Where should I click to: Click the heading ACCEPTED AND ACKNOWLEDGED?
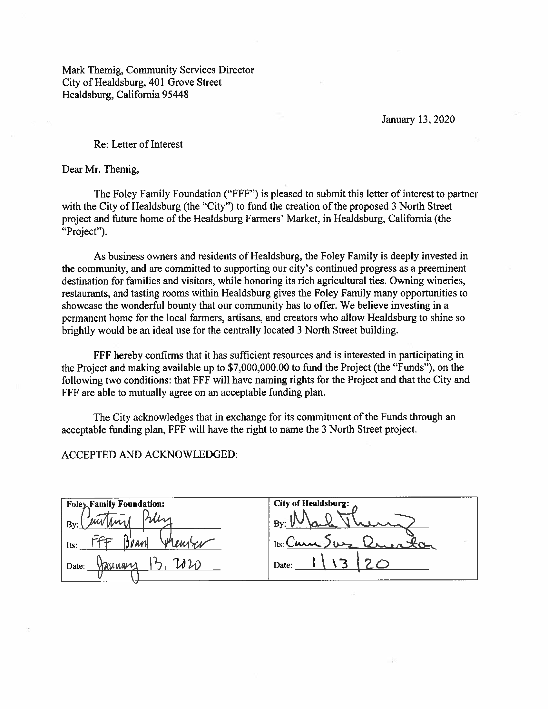click(x=150, y=454)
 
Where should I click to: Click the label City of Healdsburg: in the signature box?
click(x=311, y=503)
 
